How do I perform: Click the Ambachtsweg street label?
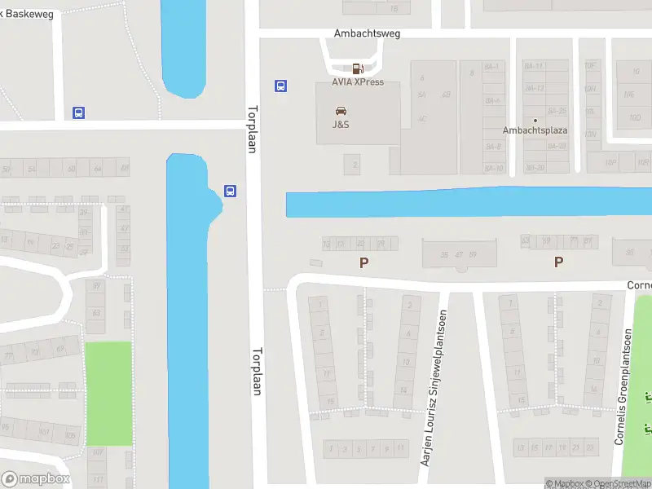(367, 34)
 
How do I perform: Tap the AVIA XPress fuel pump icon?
(357, 69)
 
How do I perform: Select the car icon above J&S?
(341, 111)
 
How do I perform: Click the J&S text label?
(341, 125)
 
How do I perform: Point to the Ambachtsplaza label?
(535, 130)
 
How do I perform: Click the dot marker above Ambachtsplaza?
(535, 120)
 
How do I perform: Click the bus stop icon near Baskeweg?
(79, 112)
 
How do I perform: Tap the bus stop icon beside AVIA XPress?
(280, 86)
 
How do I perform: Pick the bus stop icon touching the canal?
(231, 192)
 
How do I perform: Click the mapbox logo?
(36, 479)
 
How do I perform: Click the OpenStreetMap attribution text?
(623, 483)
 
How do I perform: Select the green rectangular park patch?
(108, 393)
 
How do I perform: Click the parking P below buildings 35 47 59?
(364, 262)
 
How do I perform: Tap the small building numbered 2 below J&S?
(354, 165)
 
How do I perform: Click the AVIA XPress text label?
(357, 82)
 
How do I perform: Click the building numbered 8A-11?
(491, 66)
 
